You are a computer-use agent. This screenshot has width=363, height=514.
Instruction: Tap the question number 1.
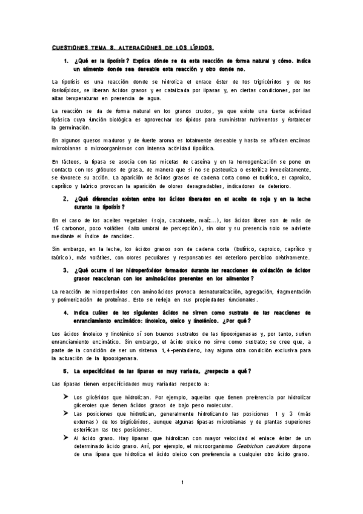[65, 62]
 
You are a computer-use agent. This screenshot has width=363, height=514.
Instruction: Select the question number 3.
[65, 270]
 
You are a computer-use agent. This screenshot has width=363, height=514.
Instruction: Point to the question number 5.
[65, 370]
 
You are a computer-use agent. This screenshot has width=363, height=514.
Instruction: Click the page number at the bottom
[182, 482]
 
